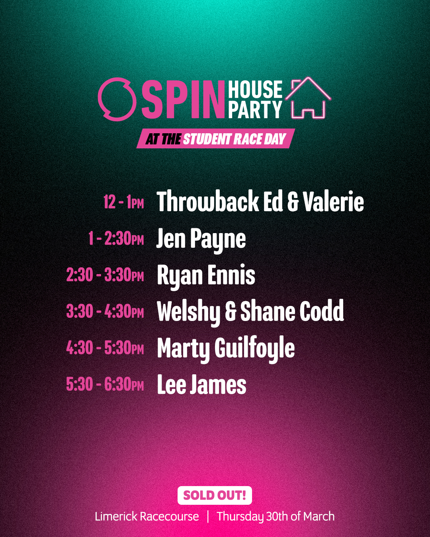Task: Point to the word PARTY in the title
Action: [255, 109]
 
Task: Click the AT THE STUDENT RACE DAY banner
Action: [216, 139]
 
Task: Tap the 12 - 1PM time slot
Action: [124, 202]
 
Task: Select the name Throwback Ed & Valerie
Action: [260, 201]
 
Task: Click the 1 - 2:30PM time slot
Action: [116, 239]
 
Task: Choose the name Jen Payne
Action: [201, 239]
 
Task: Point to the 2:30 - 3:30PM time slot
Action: [105, 275]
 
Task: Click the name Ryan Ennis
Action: [206, 276]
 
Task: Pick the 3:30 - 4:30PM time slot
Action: [105, 311]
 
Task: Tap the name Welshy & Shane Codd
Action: [250, 312]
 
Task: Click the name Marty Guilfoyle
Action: [226, 349]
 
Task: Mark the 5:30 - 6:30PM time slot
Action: [105, 384]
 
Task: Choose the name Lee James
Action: [201, 384]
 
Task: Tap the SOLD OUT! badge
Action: [215, 495]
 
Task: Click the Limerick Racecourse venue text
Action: [147, 517]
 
